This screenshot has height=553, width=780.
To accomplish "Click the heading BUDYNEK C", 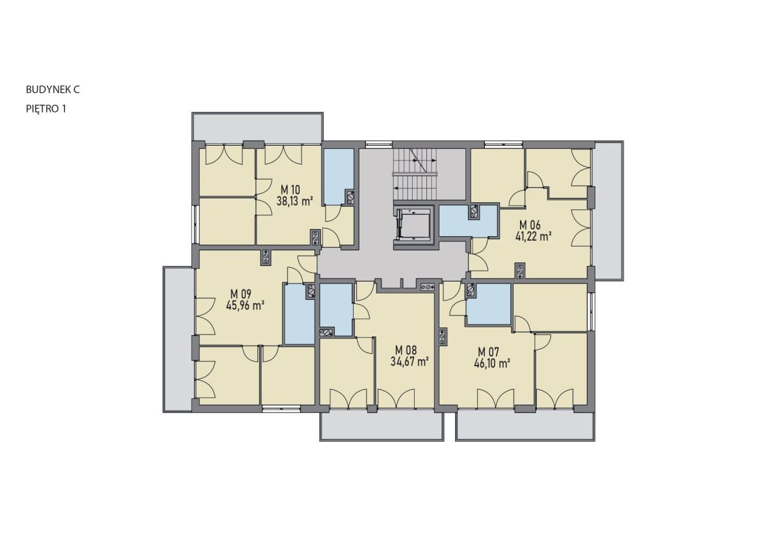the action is (53, 90).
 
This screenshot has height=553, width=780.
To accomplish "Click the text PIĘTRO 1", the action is (46, 109).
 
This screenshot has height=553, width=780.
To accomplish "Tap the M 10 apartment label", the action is (290, 189).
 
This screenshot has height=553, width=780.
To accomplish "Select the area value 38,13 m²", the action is (294, 201).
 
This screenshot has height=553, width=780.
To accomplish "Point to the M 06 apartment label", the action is (530, 224).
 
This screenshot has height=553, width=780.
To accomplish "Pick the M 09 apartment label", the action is (240, 294).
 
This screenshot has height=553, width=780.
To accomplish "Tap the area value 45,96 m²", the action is (244, 306).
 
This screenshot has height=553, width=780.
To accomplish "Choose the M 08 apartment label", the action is (406, 350).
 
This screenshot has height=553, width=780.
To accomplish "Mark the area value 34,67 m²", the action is (409, 362).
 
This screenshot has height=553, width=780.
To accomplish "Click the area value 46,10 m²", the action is (492, 364).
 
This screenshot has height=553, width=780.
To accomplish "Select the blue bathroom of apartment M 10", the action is (338, 176).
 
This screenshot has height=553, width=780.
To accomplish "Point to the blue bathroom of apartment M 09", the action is (299, 314).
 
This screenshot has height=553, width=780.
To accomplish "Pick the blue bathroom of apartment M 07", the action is (489, 304).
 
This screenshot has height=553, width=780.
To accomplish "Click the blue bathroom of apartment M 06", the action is (468, 221).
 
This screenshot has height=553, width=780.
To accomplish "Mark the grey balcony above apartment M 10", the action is (257, 127).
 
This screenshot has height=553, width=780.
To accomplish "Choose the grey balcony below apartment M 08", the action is (382, 427).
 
